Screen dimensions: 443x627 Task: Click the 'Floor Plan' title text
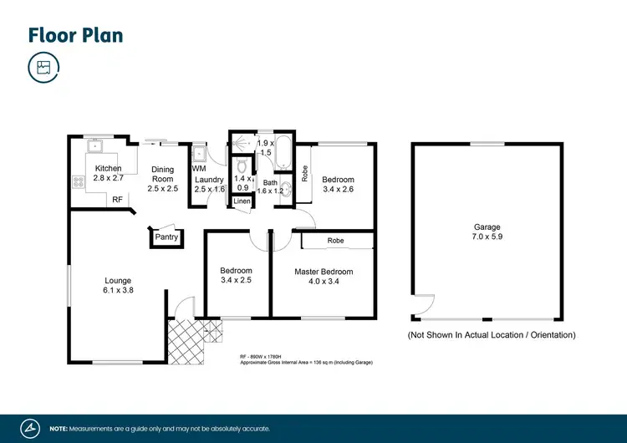pos(75,34)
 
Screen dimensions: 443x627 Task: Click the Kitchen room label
pos(109,169)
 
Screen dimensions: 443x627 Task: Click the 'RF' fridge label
pos(118,200)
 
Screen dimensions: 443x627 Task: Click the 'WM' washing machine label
pos(198,170)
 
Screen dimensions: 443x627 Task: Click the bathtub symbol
pos(282,153)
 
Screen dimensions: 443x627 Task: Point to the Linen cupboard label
pos(241,201)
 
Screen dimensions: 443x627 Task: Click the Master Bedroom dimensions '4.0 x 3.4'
pos(323,282)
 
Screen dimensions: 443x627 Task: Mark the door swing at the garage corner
pos(423,306)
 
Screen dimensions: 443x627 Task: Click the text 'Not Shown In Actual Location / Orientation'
pos(491,335)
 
